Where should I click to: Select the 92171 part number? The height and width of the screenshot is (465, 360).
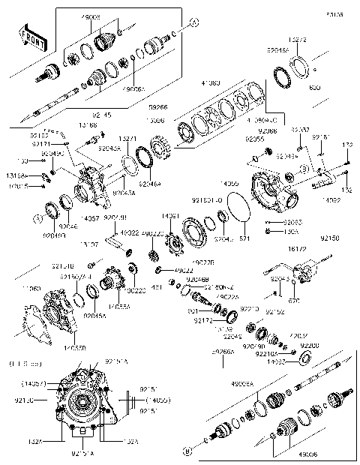[x=40, y=144]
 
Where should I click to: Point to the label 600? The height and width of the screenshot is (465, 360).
[x=314, y=88]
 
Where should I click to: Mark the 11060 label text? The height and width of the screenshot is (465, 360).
[x=32, y=288]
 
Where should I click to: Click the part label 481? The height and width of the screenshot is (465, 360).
[x=157, y=287]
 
